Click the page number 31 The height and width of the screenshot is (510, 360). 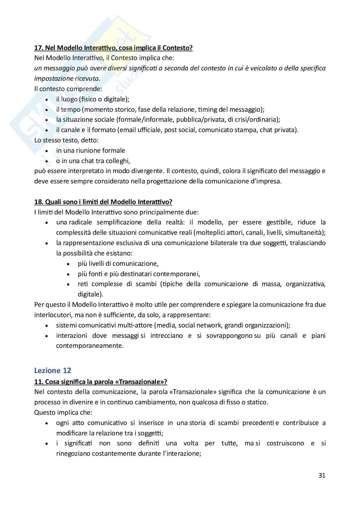[322, 475]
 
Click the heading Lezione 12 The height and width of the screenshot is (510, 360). [53, 370]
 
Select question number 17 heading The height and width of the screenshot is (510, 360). [113, 48]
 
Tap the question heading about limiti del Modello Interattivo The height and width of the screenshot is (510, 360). [103, 202]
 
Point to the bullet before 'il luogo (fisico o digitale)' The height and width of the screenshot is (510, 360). [47, 99]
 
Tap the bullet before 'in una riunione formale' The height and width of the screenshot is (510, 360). [47, 151]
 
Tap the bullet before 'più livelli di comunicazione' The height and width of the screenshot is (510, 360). [69, 264]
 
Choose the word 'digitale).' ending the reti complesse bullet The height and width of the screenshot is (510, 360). [91, 294]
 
